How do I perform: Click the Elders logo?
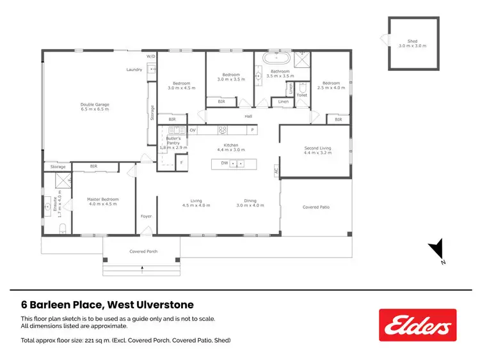(x=417, y=325)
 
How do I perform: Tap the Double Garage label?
(x=95, y=107)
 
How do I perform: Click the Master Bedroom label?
(x=103, y=201)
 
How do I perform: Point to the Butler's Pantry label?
(x=173, y=143)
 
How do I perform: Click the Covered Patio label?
(x=316, y=207)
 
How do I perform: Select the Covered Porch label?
(x=143, y=251)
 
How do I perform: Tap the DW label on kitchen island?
(x=225, y=164)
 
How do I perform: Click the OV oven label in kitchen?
(x=192, y=130)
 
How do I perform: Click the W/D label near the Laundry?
(x=151, y=56)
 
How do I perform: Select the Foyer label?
(x=146, y=216)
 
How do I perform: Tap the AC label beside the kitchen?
(x=276, y=171)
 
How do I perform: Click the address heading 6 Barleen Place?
(x=108, y=305)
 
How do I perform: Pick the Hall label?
(x=248, y=116)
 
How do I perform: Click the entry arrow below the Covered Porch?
(x=142, y=271)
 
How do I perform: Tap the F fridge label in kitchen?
(x=182, y=162)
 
